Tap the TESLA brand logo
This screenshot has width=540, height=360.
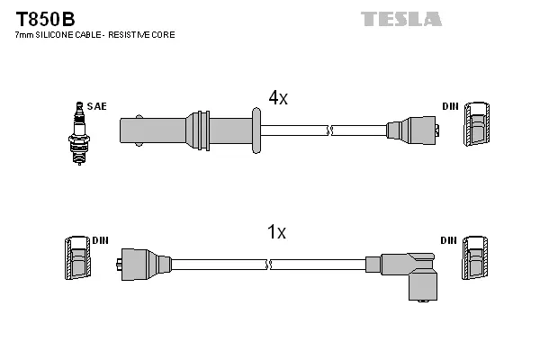point(400,18)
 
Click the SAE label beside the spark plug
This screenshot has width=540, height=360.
point(96,106)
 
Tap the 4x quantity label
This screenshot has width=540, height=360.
point(278,98)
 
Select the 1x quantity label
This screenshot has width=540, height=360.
point(276,232)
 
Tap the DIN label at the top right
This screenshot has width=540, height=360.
point(449,106)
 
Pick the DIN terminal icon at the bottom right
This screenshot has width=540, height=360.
point(476,260)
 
